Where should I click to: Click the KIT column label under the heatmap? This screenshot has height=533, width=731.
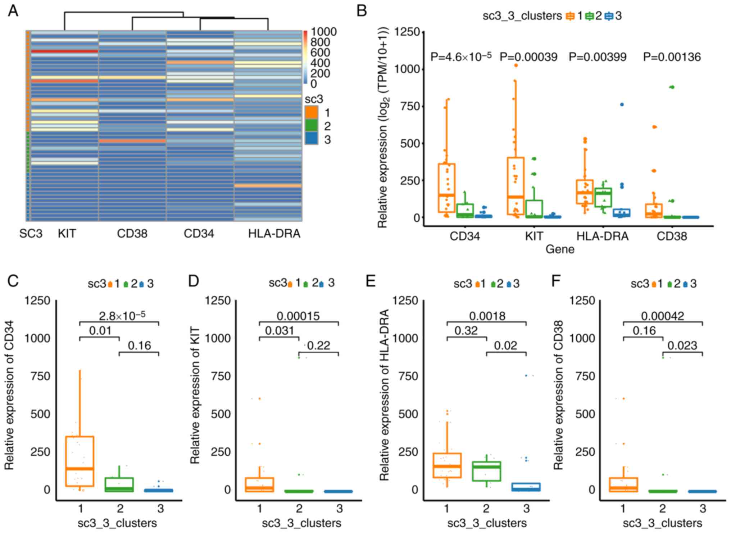(x=67, y=234)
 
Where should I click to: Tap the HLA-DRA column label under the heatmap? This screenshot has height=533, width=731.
(x=274, y=234)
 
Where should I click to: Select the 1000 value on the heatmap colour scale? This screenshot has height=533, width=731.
(x=324, y=32)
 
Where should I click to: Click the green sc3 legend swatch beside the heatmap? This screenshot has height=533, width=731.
(x=311, y=126)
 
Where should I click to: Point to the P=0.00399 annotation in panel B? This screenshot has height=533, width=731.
(x=598, y=57)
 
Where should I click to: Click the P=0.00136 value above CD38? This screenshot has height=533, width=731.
(x=672, y=57)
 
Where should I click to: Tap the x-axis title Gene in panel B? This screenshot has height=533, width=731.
(x=560, y=249)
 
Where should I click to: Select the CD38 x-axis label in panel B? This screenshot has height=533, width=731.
(x=672, y=236)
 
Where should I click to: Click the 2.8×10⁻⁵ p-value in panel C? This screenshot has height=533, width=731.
(x=122, y=316)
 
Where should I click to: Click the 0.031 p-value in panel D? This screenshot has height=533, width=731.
(x=280, y=331)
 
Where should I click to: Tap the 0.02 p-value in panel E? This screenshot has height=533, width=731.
(x=505, y=346)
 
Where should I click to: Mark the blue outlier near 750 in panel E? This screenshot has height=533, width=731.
(x=526, y=376)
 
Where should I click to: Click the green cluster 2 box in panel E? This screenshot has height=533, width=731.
(x=486, y=471)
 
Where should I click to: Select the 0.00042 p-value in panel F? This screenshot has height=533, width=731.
(x=663, y=316)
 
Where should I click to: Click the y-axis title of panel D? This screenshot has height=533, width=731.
(x=195, y=395)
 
